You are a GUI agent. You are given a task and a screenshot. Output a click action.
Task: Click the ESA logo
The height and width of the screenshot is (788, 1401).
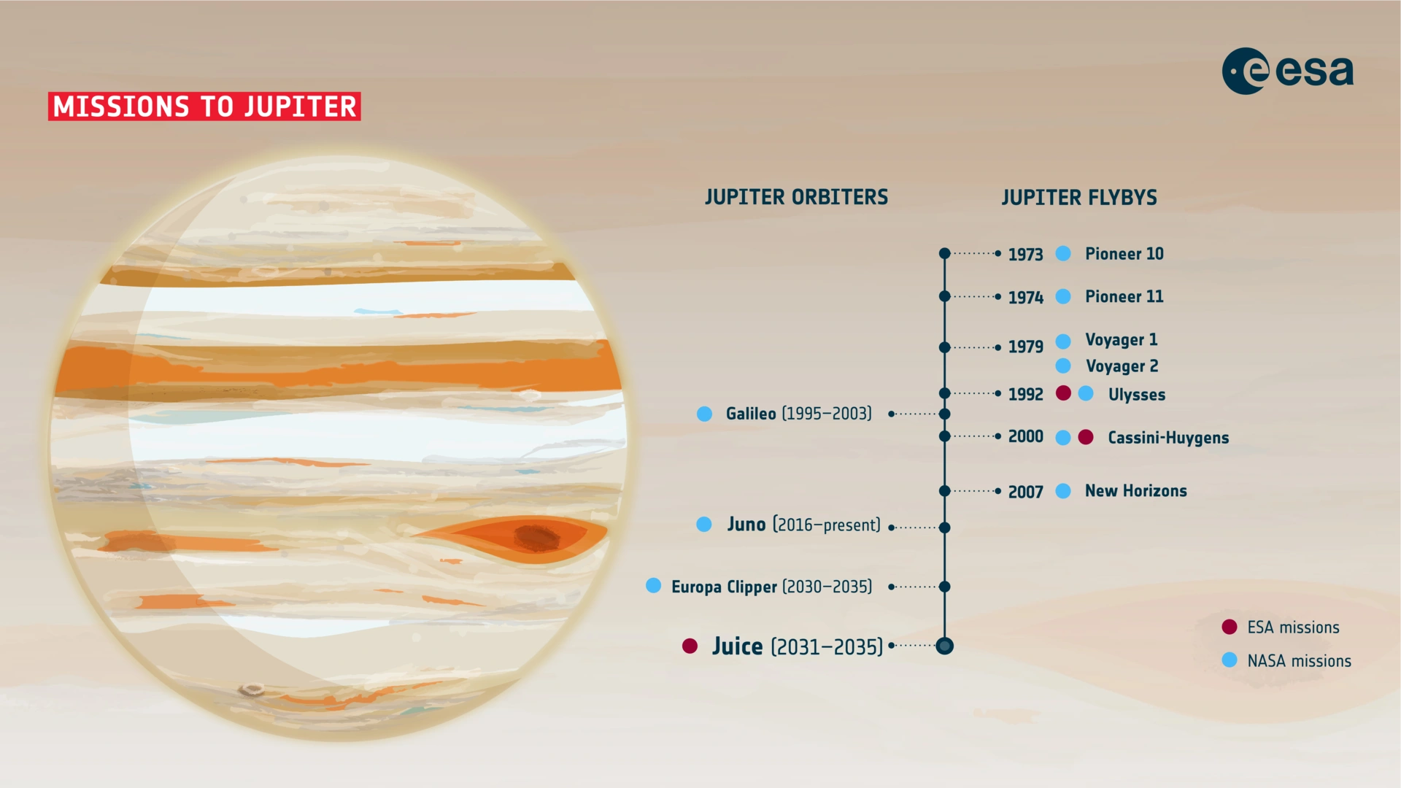1287,71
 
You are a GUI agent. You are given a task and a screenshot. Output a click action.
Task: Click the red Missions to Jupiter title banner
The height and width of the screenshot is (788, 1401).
204,107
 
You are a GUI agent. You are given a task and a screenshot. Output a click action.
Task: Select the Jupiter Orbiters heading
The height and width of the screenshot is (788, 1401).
796,197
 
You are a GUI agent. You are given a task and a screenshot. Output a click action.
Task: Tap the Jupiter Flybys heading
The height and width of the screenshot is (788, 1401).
1079,198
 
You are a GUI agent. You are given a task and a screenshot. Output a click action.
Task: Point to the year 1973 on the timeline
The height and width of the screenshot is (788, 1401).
1025,254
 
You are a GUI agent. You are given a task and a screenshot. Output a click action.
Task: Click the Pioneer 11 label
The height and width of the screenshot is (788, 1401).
1124,296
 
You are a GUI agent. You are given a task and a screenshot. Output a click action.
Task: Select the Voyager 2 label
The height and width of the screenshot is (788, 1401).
1122,366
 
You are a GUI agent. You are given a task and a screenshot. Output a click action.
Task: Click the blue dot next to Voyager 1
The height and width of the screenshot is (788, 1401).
1063,341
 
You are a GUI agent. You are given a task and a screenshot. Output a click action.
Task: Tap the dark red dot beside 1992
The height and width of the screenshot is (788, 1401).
1063,393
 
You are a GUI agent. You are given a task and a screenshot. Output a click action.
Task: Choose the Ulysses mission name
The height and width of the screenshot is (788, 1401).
1136,395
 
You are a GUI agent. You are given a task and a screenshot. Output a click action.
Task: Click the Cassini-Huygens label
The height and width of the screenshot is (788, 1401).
1168,438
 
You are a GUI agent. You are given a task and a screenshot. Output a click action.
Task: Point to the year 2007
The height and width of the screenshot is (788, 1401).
1025,492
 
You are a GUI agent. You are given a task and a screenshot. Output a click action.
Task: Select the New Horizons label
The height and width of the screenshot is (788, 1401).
1135,491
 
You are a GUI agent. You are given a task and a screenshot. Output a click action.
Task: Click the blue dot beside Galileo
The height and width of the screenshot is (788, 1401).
704,414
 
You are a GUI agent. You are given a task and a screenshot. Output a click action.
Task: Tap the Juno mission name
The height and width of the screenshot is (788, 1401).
746,524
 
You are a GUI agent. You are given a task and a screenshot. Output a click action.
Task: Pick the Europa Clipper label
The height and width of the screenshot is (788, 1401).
724,587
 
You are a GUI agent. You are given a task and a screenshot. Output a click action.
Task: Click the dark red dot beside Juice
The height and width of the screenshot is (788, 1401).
690,646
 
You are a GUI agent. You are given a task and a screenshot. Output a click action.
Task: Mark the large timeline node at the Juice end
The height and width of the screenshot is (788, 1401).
944,646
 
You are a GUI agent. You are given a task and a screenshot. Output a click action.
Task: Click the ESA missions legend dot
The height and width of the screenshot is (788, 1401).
1230,627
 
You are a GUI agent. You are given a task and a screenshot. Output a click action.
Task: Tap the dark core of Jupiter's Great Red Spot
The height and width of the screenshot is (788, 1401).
536,537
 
